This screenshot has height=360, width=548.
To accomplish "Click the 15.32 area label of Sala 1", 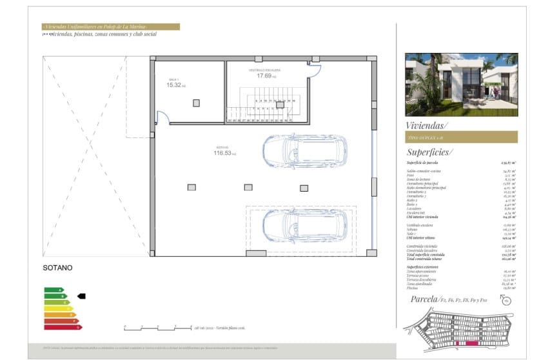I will pyautogui.click(x=173, y=85).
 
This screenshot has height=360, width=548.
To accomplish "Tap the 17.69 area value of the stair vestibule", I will pyautogui.click(x=263, y=75).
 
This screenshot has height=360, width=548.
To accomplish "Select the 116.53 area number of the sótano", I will pyautogui.click(x=223, y=153).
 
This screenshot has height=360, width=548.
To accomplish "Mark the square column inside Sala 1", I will pyautogui.click(x=197, y=103).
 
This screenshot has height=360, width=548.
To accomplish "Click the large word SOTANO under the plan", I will pyautogui.click(x=58, y=267).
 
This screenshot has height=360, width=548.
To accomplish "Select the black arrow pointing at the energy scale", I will pyautogui.click(x=81, y=296).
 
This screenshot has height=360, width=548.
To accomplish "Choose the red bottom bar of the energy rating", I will pyautogui.click(x=63, y=327).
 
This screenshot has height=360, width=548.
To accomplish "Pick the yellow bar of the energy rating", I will pyautogui.click(x=58, y=308).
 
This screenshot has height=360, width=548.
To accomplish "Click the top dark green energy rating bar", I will pyautogui.click(x=53, y=290).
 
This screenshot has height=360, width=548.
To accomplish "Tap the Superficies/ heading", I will pyautogui.click(x=430, y=152).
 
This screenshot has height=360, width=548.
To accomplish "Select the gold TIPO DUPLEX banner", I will pyautogui.click(x=461, y=137).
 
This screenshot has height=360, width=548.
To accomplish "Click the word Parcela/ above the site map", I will pyautogui.click(x=423, y=299).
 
